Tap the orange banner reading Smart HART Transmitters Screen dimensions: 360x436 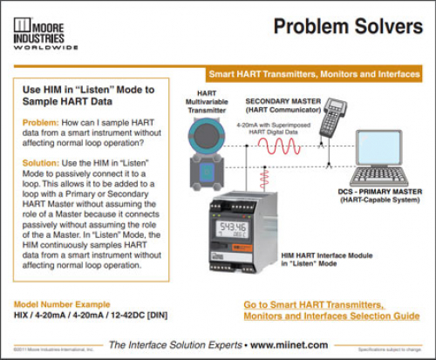coord(314,75)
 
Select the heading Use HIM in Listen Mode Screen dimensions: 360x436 coord(86,95)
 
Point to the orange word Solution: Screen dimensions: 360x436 coord(40,163)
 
